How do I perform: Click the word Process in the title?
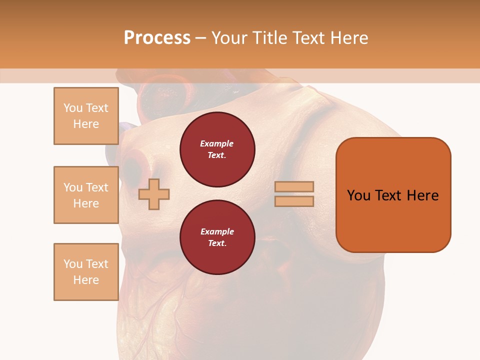coord(157,38)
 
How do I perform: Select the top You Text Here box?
coord(86,116)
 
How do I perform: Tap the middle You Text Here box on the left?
coord(86,195)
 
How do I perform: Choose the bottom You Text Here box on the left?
coord(86,272)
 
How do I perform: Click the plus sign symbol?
coord(154,194)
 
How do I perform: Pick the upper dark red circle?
coord(217,149)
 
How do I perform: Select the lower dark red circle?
coord(217,237)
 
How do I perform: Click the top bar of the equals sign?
coord(294,186)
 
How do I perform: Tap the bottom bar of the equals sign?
coord(294,201)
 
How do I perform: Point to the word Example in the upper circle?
coord(217,143)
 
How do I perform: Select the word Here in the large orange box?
coord(422,195)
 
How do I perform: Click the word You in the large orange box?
coord(358,195)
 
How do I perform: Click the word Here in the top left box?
coord(86,124)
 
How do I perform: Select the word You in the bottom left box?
coord(72,264)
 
